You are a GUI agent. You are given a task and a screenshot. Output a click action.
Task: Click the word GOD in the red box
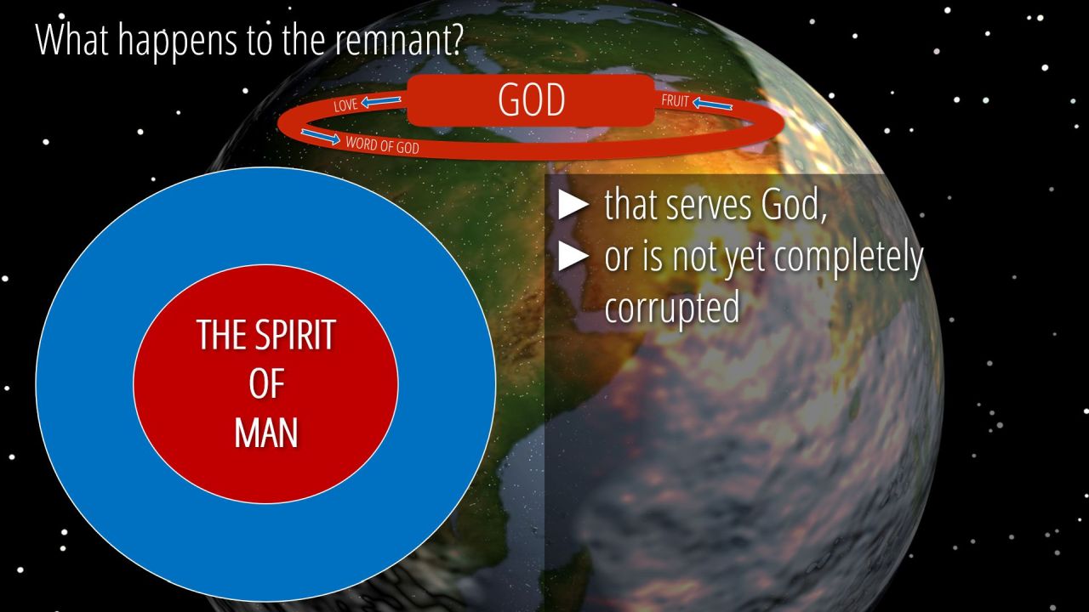tap(532, 100)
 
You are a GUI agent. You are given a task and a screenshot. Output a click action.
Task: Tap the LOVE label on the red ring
tap(345, 105)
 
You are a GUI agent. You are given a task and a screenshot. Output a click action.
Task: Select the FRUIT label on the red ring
tap(676, 101)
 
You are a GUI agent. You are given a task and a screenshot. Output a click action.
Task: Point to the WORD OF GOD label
tap(382, 145)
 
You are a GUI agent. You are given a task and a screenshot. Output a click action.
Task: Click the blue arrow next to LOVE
tap(380, 101)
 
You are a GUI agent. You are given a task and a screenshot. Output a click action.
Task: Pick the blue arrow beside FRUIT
tap(712, 104)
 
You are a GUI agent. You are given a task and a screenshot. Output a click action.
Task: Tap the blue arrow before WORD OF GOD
tap(321, 137)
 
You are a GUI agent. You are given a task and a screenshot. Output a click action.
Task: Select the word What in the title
tap(72, 38)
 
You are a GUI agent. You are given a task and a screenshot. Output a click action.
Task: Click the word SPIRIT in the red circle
tap(295, 335)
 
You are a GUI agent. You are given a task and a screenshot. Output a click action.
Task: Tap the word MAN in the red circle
tap(266, 433)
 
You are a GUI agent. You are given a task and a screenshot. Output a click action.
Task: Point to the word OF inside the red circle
tap(266, 384)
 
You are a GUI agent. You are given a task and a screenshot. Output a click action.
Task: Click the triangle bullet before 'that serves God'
tap(573, 205)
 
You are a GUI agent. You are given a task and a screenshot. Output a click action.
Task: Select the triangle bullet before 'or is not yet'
tap(573, 256)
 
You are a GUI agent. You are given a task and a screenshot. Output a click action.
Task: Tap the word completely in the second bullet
tap(848, 258)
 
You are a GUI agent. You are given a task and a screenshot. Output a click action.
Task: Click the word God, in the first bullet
tap(794, 206)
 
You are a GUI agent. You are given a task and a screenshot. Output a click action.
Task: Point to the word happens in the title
tap(178, 42)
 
